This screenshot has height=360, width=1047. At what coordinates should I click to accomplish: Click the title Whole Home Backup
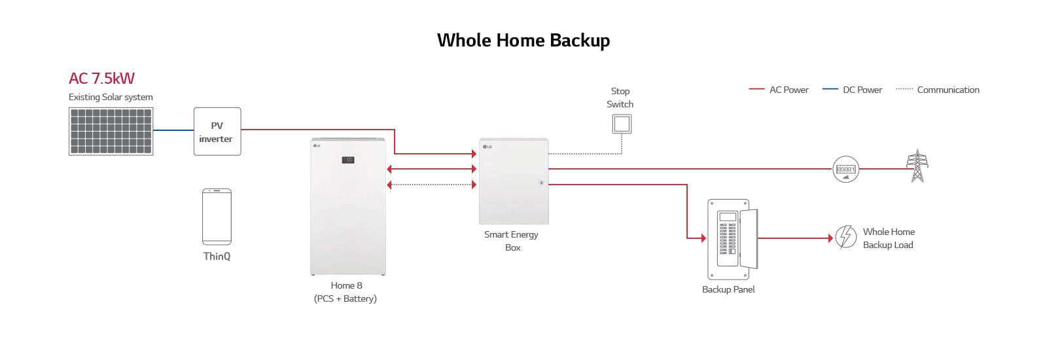(x=523, y=41)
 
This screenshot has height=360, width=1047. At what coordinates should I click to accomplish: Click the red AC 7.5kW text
(x=101, y=79)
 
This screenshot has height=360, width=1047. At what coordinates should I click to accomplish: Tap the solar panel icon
(x=111, y=132)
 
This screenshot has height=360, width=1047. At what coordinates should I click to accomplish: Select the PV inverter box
(x=217, y=132)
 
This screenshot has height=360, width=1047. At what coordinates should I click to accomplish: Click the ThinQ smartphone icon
(x=217, y=217)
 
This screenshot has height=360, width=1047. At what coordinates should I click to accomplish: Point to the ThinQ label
(x=217, y=256)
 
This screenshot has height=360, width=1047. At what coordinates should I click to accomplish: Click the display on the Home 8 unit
(x=348, y=160)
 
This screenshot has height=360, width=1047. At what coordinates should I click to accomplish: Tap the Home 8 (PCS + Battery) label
(x=346, y=292)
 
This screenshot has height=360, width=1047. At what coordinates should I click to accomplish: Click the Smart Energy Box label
(x=512, y=241)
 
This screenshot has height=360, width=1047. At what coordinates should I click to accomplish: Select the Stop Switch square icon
(x=622, y=124)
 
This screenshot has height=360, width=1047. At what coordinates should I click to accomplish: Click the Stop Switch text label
(x=620, y=98)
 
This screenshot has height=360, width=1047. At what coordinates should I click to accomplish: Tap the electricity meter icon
(x=845, y=170)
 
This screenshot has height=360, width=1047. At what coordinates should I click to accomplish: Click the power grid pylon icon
(x=917, y=166)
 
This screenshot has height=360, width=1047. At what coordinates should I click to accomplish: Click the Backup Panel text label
(x=728, y=289)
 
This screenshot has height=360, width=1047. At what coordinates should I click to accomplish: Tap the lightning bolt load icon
(x=845, y=237)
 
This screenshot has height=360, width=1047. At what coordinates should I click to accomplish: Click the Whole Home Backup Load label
(x=888, y=238)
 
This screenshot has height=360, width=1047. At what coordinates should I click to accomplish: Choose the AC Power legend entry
(x=779, y=90)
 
